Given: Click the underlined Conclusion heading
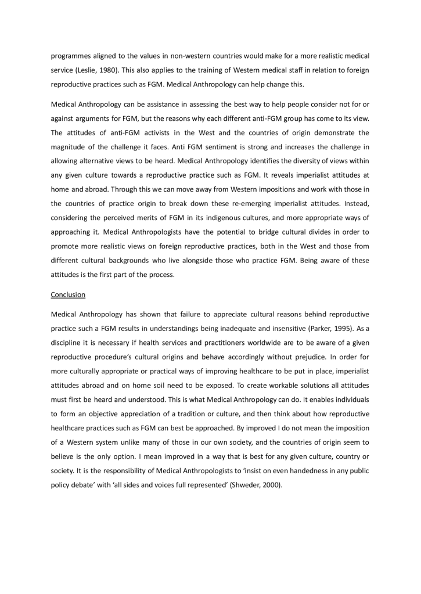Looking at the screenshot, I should coord(68,294).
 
